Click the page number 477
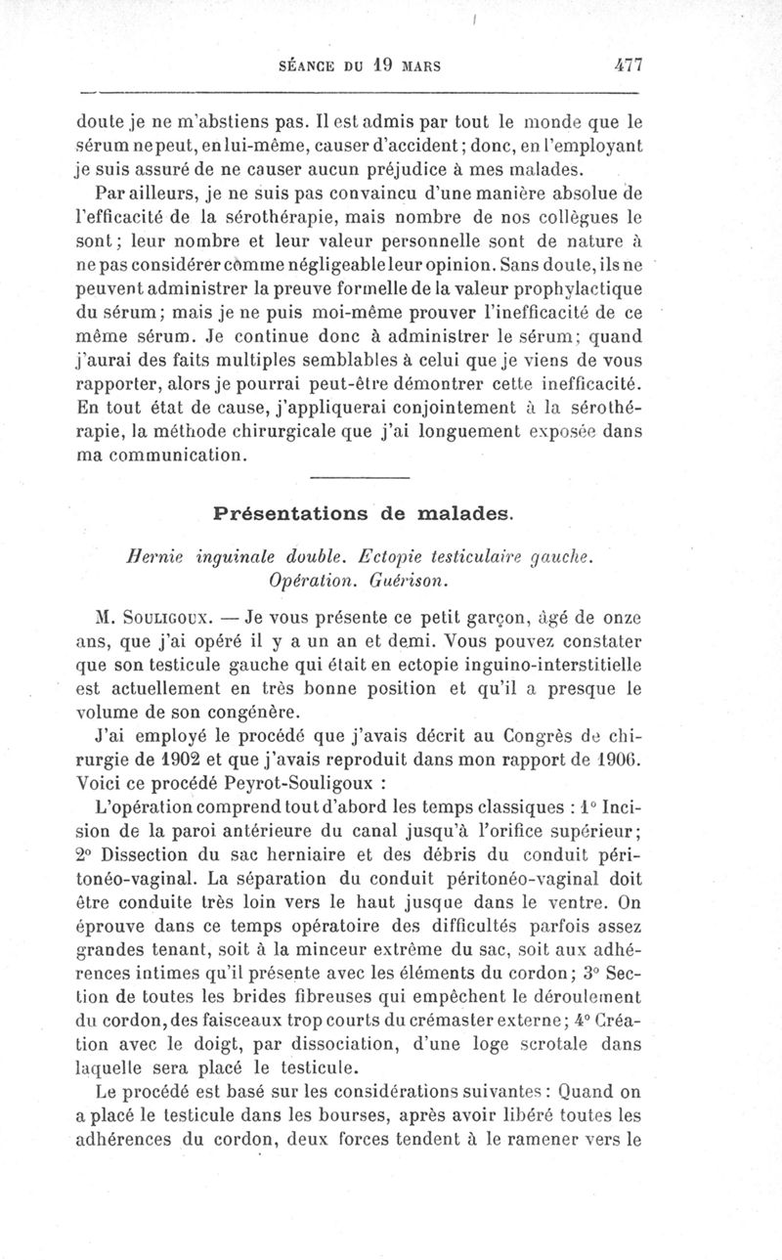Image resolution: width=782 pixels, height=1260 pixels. (622, 66)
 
